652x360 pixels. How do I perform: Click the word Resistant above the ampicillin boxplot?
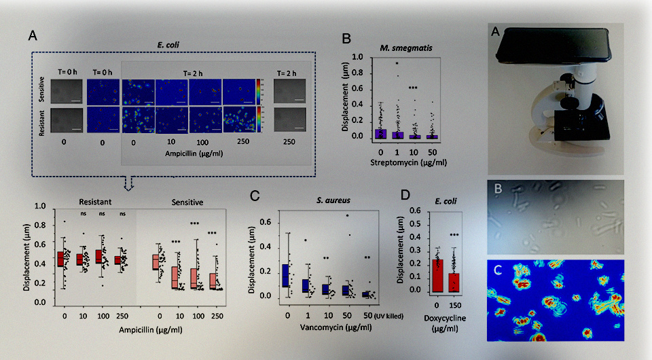[95, 202]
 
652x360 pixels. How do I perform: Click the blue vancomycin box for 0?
[287, 275]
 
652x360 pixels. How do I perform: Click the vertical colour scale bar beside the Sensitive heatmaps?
[259, 90]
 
